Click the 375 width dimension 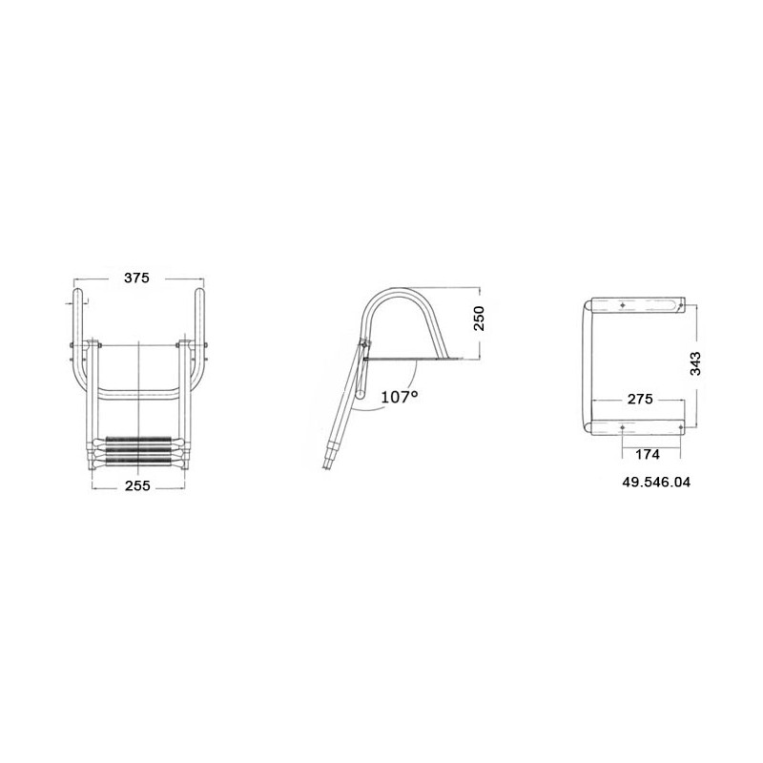point(136,278)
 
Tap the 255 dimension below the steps point(137,485)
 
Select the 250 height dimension point(480,319)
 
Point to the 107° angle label point(399,397)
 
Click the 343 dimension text point(696,363)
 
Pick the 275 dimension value point(640,399)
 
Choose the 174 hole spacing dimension point(648,455)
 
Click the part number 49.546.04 point(656,483)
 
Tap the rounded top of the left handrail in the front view point(78,291)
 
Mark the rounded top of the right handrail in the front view point(199,291)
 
